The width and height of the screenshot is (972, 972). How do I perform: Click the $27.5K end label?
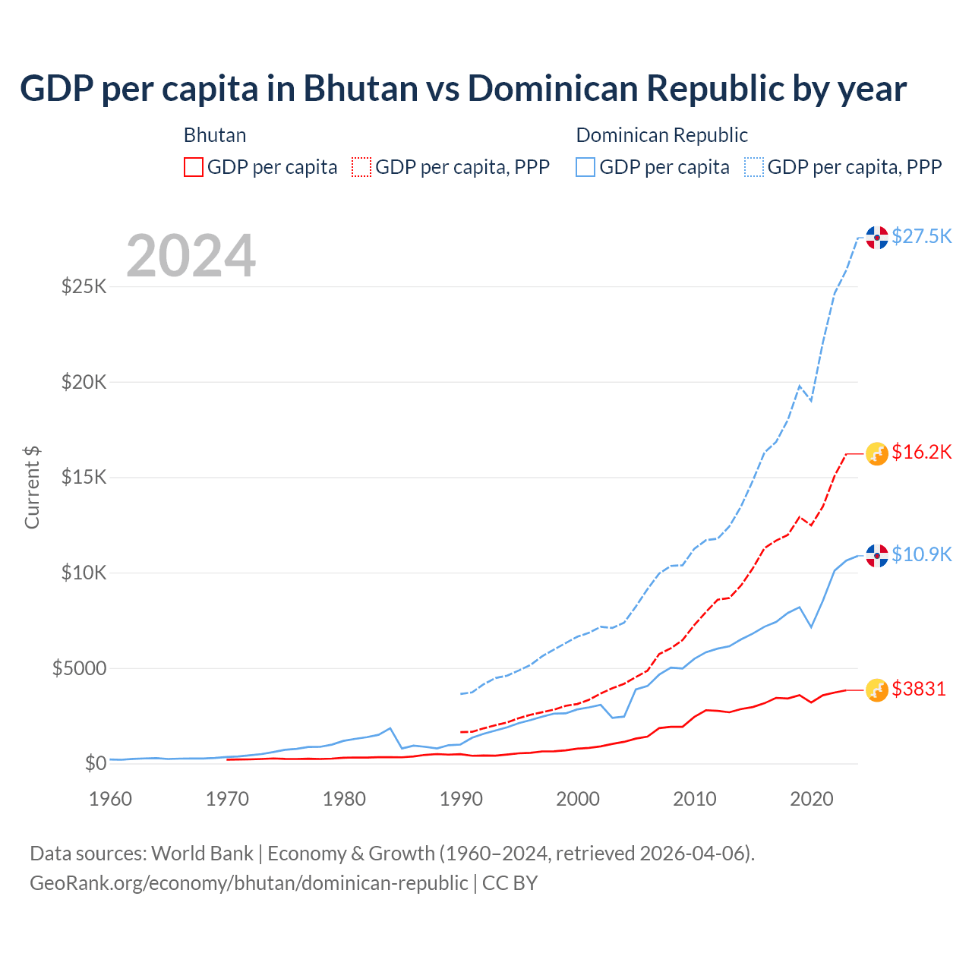pyautogui.click(x=921, y=236)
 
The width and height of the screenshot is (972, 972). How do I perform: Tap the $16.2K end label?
pyautogui.click(x=921, y=453)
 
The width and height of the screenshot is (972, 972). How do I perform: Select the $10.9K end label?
pyautogui.click(x=921, y=554)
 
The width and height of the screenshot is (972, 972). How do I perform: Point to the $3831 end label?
pyautogui.click(x=918, y=689)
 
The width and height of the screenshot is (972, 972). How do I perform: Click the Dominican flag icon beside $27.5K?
pyautogui.click(x=877, y=238)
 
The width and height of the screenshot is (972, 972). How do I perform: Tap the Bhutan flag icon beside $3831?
pyautogui.click(x=877, y=690)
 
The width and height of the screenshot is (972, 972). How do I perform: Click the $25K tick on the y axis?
pyautogui.click(x=84, y=287)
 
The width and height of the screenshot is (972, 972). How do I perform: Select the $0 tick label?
pyautogui.click(x=96, y=763)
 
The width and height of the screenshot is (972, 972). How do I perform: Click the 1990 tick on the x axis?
pyautogui.click(x=461, y=799)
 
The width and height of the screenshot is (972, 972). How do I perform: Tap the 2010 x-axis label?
pyautogui.click(x=695, y=799)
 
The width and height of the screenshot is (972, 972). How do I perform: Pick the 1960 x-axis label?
pyautogui.click(x=111, y=799)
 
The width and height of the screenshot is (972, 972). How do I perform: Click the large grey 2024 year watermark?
pyautogui.click(x=191, y=256)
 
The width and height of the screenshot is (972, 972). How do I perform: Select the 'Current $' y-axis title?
pyautogui.click(x=32, y=487)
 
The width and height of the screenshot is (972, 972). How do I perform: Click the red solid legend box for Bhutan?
pyautogui.click(x=194, y=167)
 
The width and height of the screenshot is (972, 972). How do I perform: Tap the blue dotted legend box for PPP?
pyautogui.click(x=754, y=167)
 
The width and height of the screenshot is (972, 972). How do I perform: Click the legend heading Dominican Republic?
pyautogui.click(x=661, y=135)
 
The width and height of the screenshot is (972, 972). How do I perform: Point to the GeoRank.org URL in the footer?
pyautogui.click(x=249, y=883)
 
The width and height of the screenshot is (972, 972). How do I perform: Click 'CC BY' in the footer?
pyautogui.click(x=510, y=883)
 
